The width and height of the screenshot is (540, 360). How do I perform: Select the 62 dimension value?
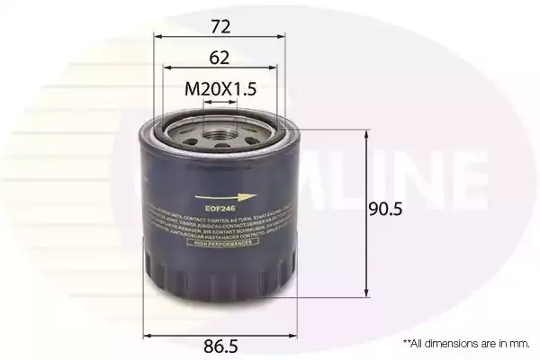point(220,58)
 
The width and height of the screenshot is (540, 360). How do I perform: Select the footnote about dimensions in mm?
point(466,343)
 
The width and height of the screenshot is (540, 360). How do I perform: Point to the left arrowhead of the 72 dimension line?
point(158,39)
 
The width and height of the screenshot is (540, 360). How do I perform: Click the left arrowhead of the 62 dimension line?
point(168,70)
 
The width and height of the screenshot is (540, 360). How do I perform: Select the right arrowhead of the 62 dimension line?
point(273,70)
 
